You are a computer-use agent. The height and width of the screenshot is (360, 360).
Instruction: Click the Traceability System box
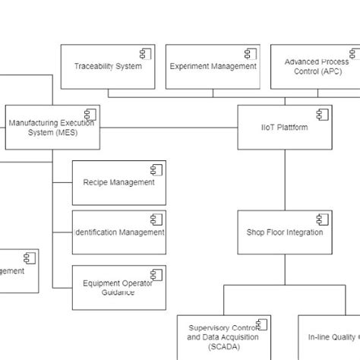point(107,67)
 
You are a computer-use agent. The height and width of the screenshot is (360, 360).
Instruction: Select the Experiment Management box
point(212,67)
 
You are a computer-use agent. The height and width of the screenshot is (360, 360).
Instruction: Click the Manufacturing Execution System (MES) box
point(52,128)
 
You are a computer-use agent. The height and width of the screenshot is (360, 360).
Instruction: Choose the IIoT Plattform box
point(285,128)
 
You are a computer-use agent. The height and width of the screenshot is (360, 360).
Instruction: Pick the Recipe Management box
point(118,182)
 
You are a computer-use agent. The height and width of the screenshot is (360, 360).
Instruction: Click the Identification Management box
point(118,232)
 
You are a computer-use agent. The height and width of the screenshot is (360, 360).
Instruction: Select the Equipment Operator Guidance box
point(118,287)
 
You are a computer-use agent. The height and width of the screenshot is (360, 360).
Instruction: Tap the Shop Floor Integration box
point(285,232)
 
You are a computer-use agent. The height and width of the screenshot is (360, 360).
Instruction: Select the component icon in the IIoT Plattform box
point(322,114)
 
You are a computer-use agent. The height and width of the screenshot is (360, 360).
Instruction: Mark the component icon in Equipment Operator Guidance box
point(156,274)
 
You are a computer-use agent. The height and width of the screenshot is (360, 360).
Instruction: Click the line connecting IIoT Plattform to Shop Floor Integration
point(285,178)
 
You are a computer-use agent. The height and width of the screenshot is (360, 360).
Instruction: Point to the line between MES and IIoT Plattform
point(167,128)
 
